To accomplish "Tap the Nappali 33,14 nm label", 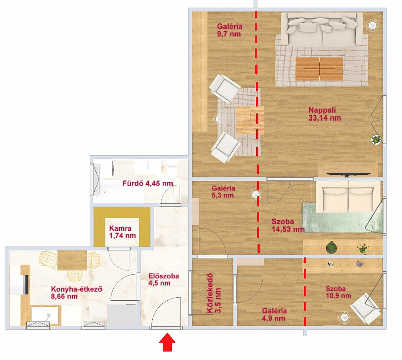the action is click(x=324, y=114).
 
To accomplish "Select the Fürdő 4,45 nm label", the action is click(x=147, y=183).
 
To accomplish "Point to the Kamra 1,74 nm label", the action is click(x=122, y=232).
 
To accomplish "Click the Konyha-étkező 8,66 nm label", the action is click(x=77, y=293).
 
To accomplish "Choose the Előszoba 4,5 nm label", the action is click(x=164, y=280).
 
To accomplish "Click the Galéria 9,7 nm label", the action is click(x=230, y=30).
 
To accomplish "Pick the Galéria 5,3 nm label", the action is click(x=223, y=192).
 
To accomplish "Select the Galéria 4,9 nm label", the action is click(x=274, y=315).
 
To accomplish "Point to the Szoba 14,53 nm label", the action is click(x=288, y=225).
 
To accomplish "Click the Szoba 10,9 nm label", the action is click(x=338, y=292).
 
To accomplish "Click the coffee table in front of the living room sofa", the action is click(x=319, y=69).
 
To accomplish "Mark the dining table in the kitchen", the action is click(x=72, y=260).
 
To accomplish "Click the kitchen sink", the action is click(x=44, y=316).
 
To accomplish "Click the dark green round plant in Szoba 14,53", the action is click(x=332, y=247).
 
